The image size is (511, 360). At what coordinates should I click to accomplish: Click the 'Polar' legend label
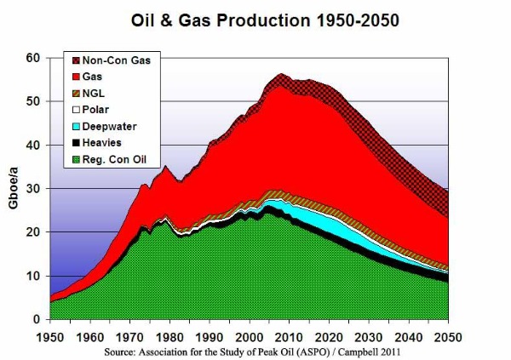[95, 108]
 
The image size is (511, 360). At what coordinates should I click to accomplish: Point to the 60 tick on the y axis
[32, 58]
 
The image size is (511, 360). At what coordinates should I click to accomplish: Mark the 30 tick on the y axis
[32, 189]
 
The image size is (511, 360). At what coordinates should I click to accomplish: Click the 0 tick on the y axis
[36, 319]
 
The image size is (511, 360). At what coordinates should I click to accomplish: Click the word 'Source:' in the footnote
[122, 350]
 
